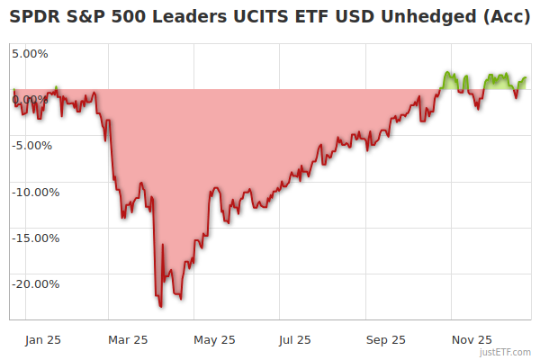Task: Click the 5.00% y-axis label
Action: point(30,53)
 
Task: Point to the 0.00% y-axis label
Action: point(30,99)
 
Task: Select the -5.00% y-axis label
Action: point(32,145)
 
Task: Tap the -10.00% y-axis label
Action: point(35,192)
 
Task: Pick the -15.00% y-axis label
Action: point(35,238)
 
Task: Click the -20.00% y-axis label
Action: point(35,284)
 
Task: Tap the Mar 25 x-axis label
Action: point(128,339)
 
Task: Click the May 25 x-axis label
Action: point(214,339)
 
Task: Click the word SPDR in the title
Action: point(33,17)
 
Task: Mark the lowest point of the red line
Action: point(161,307)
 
